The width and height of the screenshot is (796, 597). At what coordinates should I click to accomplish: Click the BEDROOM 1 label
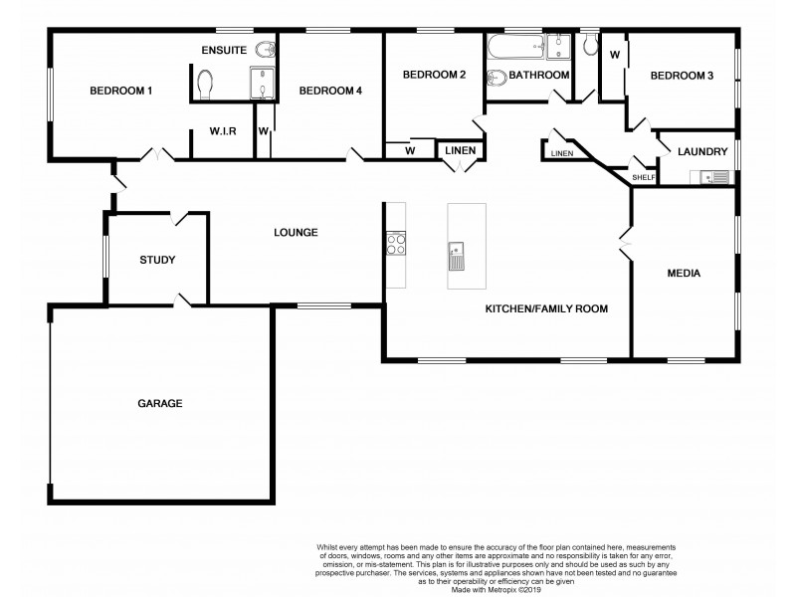click(x=120, y=92)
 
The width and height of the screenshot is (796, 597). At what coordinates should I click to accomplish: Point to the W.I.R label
click(x=222, y=130)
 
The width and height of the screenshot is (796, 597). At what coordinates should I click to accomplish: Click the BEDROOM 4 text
click(x=330, y=92)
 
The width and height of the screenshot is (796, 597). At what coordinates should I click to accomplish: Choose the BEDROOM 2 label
click(x=434, y=75)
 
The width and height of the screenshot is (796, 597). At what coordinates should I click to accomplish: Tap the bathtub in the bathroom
click(x=512, y=48)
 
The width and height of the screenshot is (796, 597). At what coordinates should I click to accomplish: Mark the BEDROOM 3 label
click(x=682, y=76)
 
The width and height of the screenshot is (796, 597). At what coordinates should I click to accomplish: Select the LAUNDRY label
click(x=700, y=152)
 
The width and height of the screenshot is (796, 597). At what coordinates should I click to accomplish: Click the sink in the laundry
click(x=714, y=177)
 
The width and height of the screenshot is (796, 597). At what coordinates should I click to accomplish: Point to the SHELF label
click(x=644, y=178)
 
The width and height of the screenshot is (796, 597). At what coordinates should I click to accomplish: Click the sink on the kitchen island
click(x=458, y=255)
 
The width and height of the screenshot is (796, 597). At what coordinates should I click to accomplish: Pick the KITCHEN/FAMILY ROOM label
click(x=545, y=308)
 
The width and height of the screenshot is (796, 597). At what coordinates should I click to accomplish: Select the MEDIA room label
click(x=685, y=273)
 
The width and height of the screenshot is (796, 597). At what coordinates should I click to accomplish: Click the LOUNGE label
click(x=296, y=233)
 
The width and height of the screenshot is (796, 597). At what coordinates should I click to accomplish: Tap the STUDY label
click(x=157, y=261)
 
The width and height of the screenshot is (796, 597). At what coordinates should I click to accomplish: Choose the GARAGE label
click(x=159, y=403)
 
